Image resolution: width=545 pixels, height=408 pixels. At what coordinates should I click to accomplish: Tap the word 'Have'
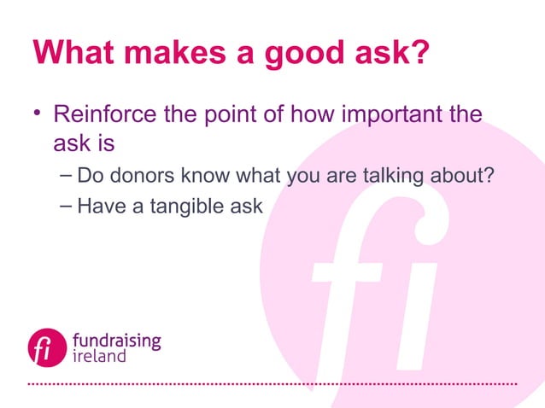coord(97,206)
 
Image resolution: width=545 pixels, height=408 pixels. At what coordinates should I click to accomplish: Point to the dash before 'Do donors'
coord(67,175)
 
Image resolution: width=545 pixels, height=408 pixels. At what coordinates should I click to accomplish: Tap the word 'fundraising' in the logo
coord(115,339)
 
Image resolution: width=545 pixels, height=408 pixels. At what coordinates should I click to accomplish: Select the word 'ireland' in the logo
coord(99,356)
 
